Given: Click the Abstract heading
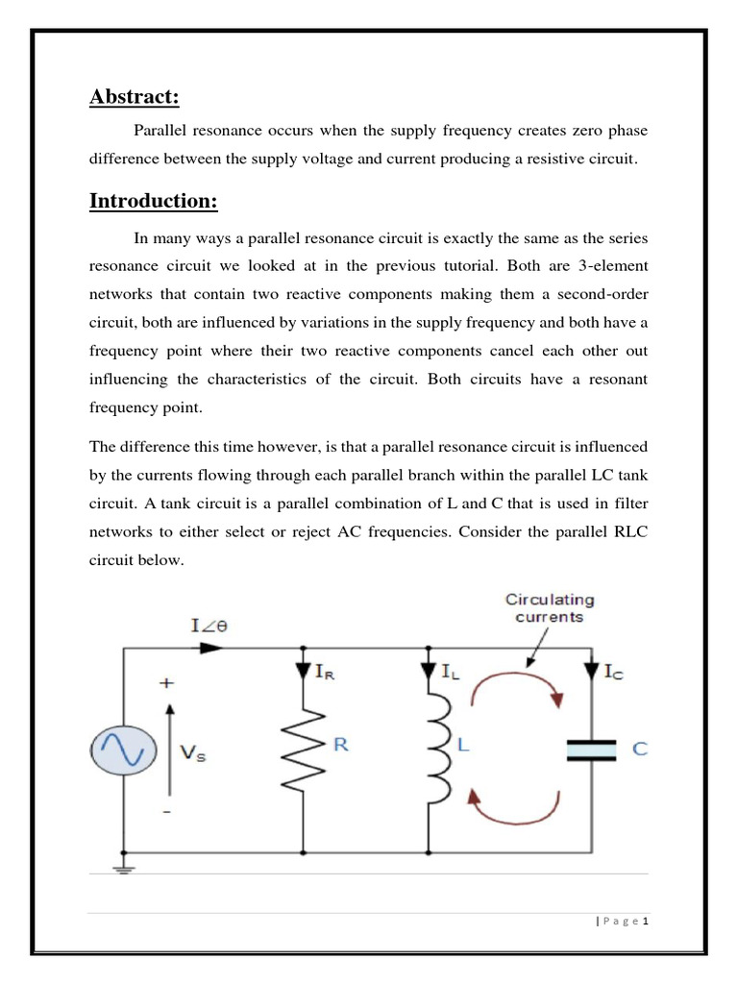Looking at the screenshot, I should pos(135,97).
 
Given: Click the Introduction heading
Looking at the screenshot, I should pos(154,201).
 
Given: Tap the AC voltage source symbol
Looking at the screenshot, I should pos(123,750).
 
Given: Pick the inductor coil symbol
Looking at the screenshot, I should pos(436,749).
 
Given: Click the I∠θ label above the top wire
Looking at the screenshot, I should pos(209,626).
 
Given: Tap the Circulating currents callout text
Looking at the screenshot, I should pos(550,608).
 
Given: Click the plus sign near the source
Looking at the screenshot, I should pos(167,683).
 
